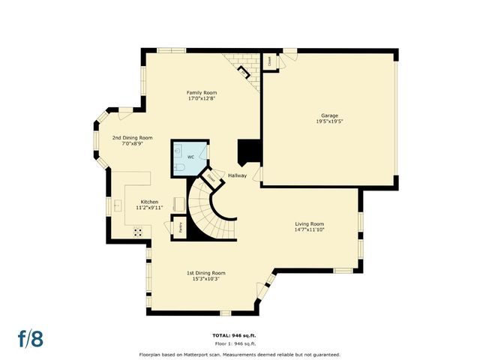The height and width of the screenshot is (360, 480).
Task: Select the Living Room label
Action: click(x=308, y=223)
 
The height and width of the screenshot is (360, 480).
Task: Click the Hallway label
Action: click(x=238, y=175)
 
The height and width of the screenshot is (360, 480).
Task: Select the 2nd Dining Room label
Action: click(x=132, y=137)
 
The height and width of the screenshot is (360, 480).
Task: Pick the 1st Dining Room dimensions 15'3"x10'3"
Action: click(x=205, y=279)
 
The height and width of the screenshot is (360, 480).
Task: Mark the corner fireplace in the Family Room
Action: click(x=242, y=71)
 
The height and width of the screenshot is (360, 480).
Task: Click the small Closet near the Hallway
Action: click(x=211, y=178)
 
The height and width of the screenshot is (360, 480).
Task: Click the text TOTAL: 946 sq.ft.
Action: click(x=240, y=335)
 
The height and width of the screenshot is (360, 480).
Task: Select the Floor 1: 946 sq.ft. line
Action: click(x=240, y=343)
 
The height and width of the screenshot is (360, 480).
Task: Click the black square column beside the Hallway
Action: click(x=249, y=152)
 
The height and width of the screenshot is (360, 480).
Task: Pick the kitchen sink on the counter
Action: click(x=117, y=204)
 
